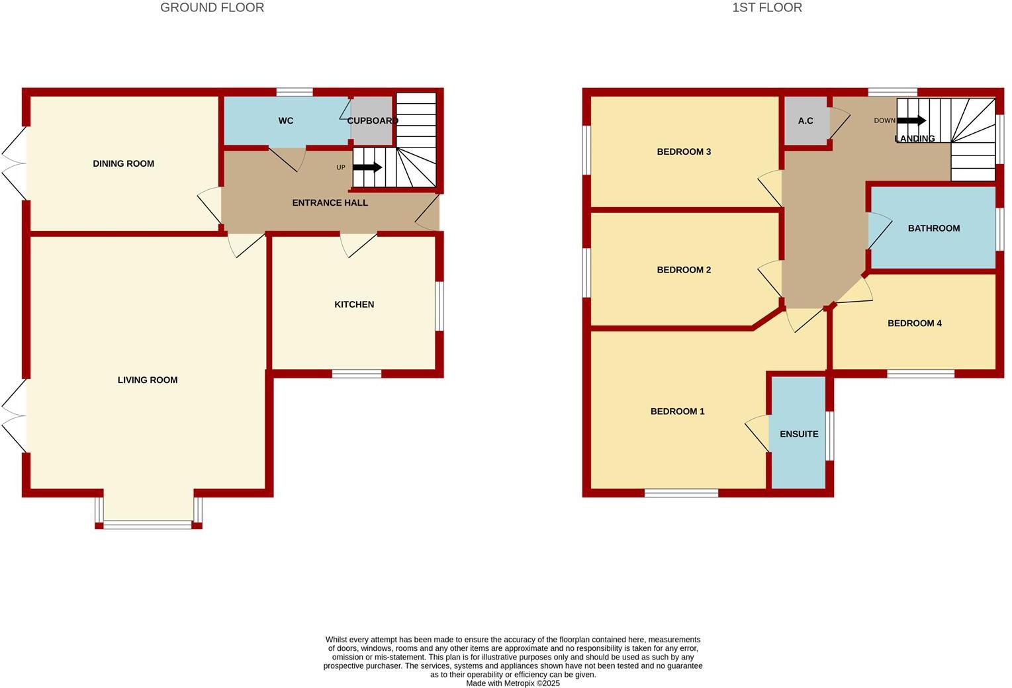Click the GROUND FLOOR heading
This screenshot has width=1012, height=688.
pyautogui.click(x=212, y=8)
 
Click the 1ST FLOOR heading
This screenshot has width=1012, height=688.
pyautogui.click(x=766, y=8)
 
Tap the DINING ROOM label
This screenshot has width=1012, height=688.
pyautogui.click(x=123, y=163)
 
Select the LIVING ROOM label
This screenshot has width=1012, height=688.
pyautogui.click(x=147, y=380)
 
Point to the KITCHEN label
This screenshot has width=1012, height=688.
pyautogui.click(x=354, y=304)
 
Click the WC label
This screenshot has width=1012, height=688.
pyautogui.click(x=285, y=120)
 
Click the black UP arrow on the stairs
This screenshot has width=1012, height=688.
pyautogui.click(x=367, y=167)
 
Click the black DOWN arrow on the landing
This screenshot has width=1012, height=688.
pyautogui.click(x=911, y=120)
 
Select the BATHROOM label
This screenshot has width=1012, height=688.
pyautogui.click(x=933, y=228)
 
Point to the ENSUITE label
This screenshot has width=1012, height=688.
pyautogui.click(x=799, y=434)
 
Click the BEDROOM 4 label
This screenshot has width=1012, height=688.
pyautogui.click(x=914, y=323)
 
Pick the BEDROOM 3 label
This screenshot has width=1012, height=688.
pyautogui.click(x=684, y=151)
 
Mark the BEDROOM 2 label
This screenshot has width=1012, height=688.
pyautogui.click(x=684, y=269)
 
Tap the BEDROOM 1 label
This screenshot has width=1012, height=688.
pyautogui.click(x=677, y=411)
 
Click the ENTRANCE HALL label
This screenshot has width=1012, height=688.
pyautogui.click(x=330, y=202)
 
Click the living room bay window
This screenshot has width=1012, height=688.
pyautogui.click(x=148, y=525)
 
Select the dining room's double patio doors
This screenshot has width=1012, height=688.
pyautogui.click(x=15, y=162)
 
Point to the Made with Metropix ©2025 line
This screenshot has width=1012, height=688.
pyautogui.click(x=512, y=683)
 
